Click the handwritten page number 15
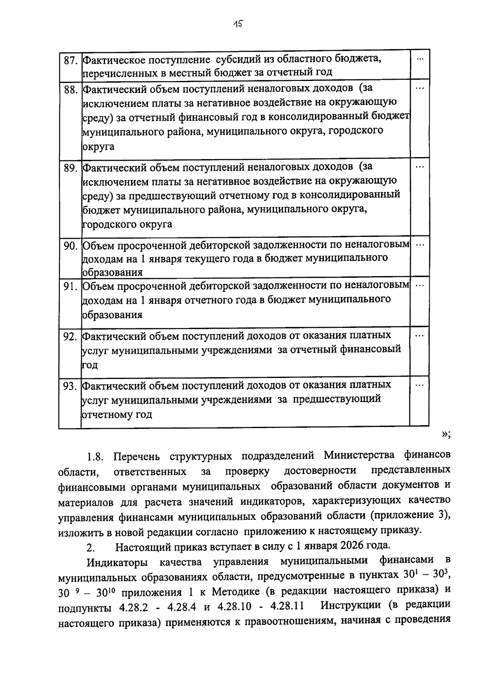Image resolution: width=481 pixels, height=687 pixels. point(238,24)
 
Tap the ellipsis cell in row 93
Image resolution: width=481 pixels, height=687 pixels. point(420,385)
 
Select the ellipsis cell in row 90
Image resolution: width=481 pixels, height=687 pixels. point(420,245)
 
